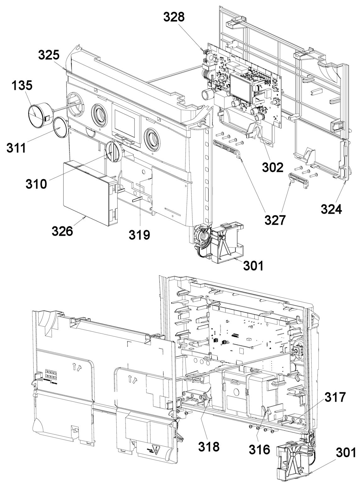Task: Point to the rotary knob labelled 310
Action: pyautogui.click(x=113, y=151)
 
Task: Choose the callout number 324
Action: pyautogui.click(x=331, y=209)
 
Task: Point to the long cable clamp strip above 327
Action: pyautogui.click(x=226, y=148)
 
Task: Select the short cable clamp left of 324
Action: pyautogui.click(x=299, y=179)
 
